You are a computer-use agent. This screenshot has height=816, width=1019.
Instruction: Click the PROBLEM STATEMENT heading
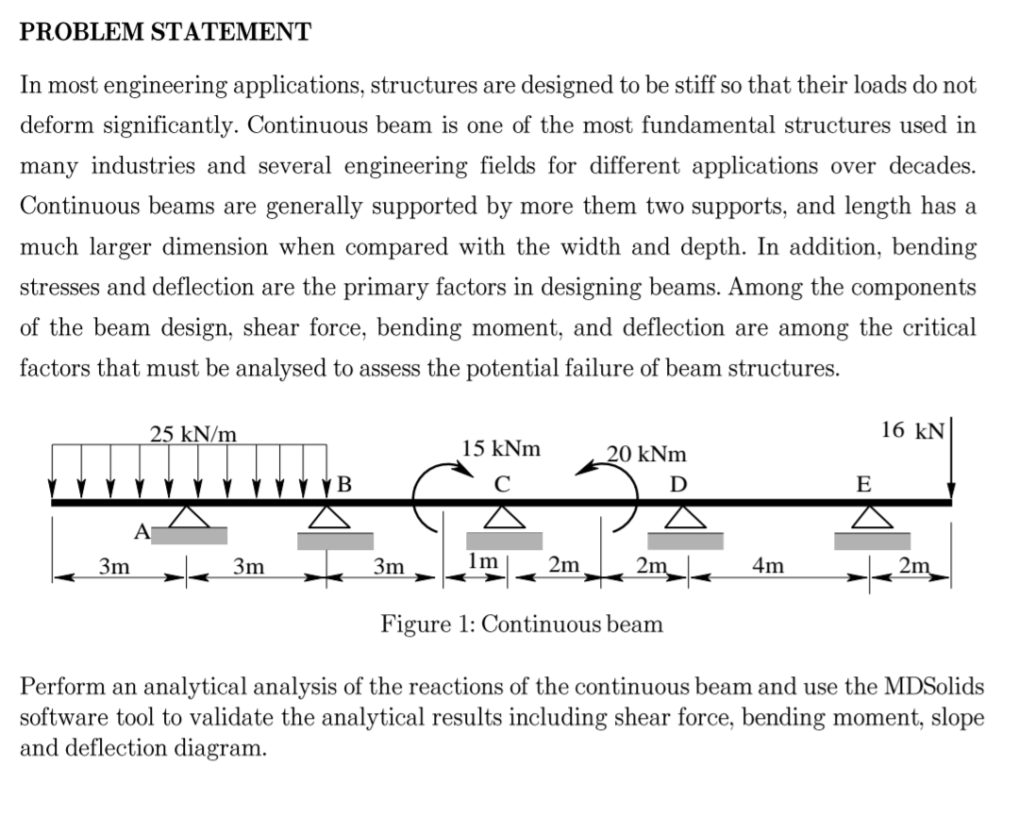[165, 32]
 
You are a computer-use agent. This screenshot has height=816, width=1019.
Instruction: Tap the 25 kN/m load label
[193, 435]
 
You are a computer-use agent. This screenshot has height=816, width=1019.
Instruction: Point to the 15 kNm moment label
[501, 448]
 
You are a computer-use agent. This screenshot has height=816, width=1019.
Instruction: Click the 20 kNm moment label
[646, 454]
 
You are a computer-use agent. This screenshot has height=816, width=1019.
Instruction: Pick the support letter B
[344, 486]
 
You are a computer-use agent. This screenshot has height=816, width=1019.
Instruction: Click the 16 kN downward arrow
[951, 462]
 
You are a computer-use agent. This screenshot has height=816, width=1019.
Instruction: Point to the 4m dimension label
[767, 566]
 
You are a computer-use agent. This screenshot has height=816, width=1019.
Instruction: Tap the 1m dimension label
[478, 560]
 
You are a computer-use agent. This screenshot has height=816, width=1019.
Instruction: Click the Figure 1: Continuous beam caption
[521, 624]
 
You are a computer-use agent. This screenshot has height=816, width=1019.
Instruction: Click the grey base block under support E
[873, 541]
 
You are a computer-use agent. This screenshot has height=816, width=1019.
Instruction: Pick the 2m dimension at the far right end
[913, 566]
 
